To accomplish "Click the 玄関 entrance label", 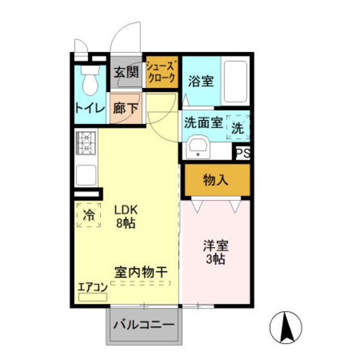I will tap(126, 72).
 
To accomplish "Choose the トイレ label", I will tap(89, 109).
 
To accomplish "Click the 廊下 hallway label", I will tap(125, 108).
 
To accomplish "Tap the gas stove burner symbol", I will tap(85, 143).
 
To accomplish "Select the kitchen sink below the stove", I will tap(86, 174).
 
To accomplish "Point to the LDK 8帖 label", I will tap(126, 217).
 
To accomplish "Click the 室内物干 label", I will tap(141, 273).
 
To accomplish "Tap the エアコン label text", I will tap(91, 287).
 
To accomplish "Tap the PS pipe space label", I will tap(242, 152).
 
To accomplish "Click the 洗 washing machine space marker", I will tap(238, 128).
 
